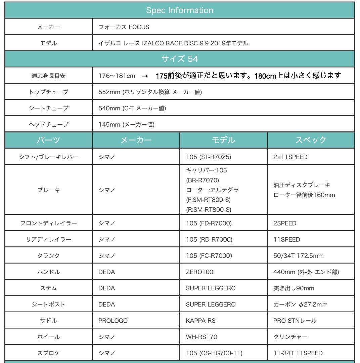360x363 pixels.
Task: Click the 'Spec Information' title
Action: pos(180,10)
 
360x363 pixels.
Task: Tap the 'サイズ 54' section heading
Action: pos(180,59)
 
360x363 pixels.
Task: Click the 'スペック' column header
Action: pos(311,140)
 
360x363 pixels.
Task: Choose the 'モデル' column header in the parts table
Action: pos(224,140)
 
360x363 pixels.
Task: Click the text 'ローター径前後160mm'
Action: pos(304,195)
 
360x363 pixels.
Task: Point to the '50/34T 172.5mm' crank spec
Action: pos(298,256)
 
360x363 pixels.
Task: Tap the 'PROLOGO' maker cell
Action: pos(113,321)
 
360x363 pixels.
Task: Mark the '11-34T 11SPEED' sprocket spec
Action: pos(298,353)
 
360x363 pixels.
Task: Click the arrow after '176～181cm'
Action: pos(144,76)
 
